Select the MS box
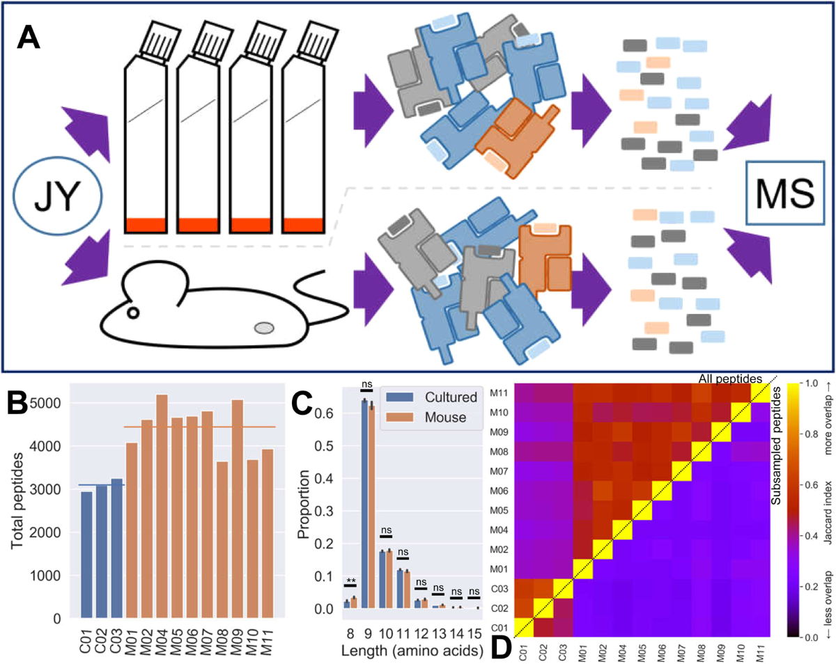778,193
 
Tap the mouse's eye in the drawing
133,313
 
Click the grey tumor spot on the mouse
264,327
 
